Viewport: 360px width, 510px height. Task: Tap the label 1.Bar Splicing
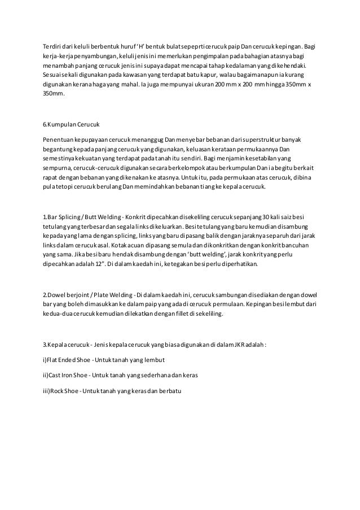point(63,217)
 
